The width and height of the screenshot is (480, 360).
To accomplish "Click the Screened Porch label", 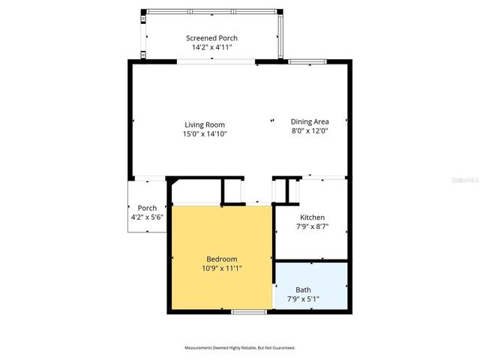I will pos(212,37).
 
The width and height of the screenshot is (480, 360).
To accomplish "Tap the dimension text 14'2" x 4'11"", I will pos(212,46).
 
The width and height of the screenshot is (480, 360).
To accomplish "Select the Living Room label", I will pos(205,124).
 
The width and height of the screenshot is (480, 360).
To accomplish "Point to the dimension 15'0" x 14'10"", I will pos(205,133).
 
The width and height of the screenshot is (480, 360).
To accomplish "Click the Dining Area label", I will pos(310,121).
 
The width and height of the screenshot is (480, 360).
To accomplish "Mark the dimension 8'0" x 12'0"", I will pos(310,130).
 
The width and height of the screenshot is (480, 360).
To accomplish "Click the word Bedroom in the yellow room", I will pos(222,259).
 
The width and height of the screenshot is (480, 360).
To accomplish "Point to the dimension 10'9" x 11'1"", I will pos(222,268).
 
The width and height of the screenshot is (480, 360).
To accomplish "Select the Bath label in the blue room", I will pos(303,289).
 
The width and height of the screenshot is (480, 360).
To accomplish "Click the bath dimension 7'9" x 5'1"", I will pos(303,298).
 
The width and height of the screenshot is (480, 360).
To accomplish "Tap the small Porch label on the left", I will pos(147,208).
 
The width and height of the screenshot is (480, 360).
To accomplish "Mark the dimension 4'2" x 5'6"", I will pos(147,217).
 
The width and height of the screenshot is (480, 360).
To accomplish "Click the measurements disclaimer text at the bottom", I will pos(240,348).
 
